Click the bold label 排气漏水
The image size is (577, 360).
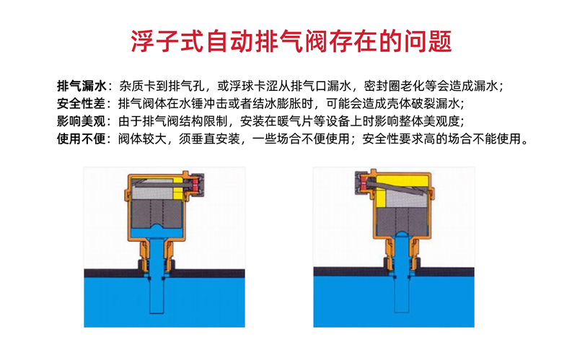[x=82, y=86]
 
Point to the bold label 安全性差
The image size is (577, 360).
[x=82, y=104]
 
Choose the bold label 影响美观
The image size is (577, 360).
[x=82, y=121]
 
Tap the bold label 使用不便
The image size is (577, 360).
[x=82, y=139]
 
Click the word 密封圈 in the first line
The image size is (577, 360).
[x=382, y=86]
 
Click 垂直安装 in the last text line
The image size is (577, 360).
[x=215, y=139]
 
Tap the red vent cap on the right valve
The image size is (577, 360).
[x=364, y=183]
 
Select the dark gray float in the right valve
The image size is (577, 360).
[x=402, y=221]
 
